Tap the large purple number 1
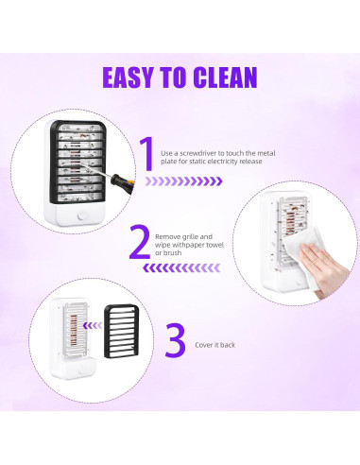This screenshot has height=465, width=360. click(146, 155)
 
